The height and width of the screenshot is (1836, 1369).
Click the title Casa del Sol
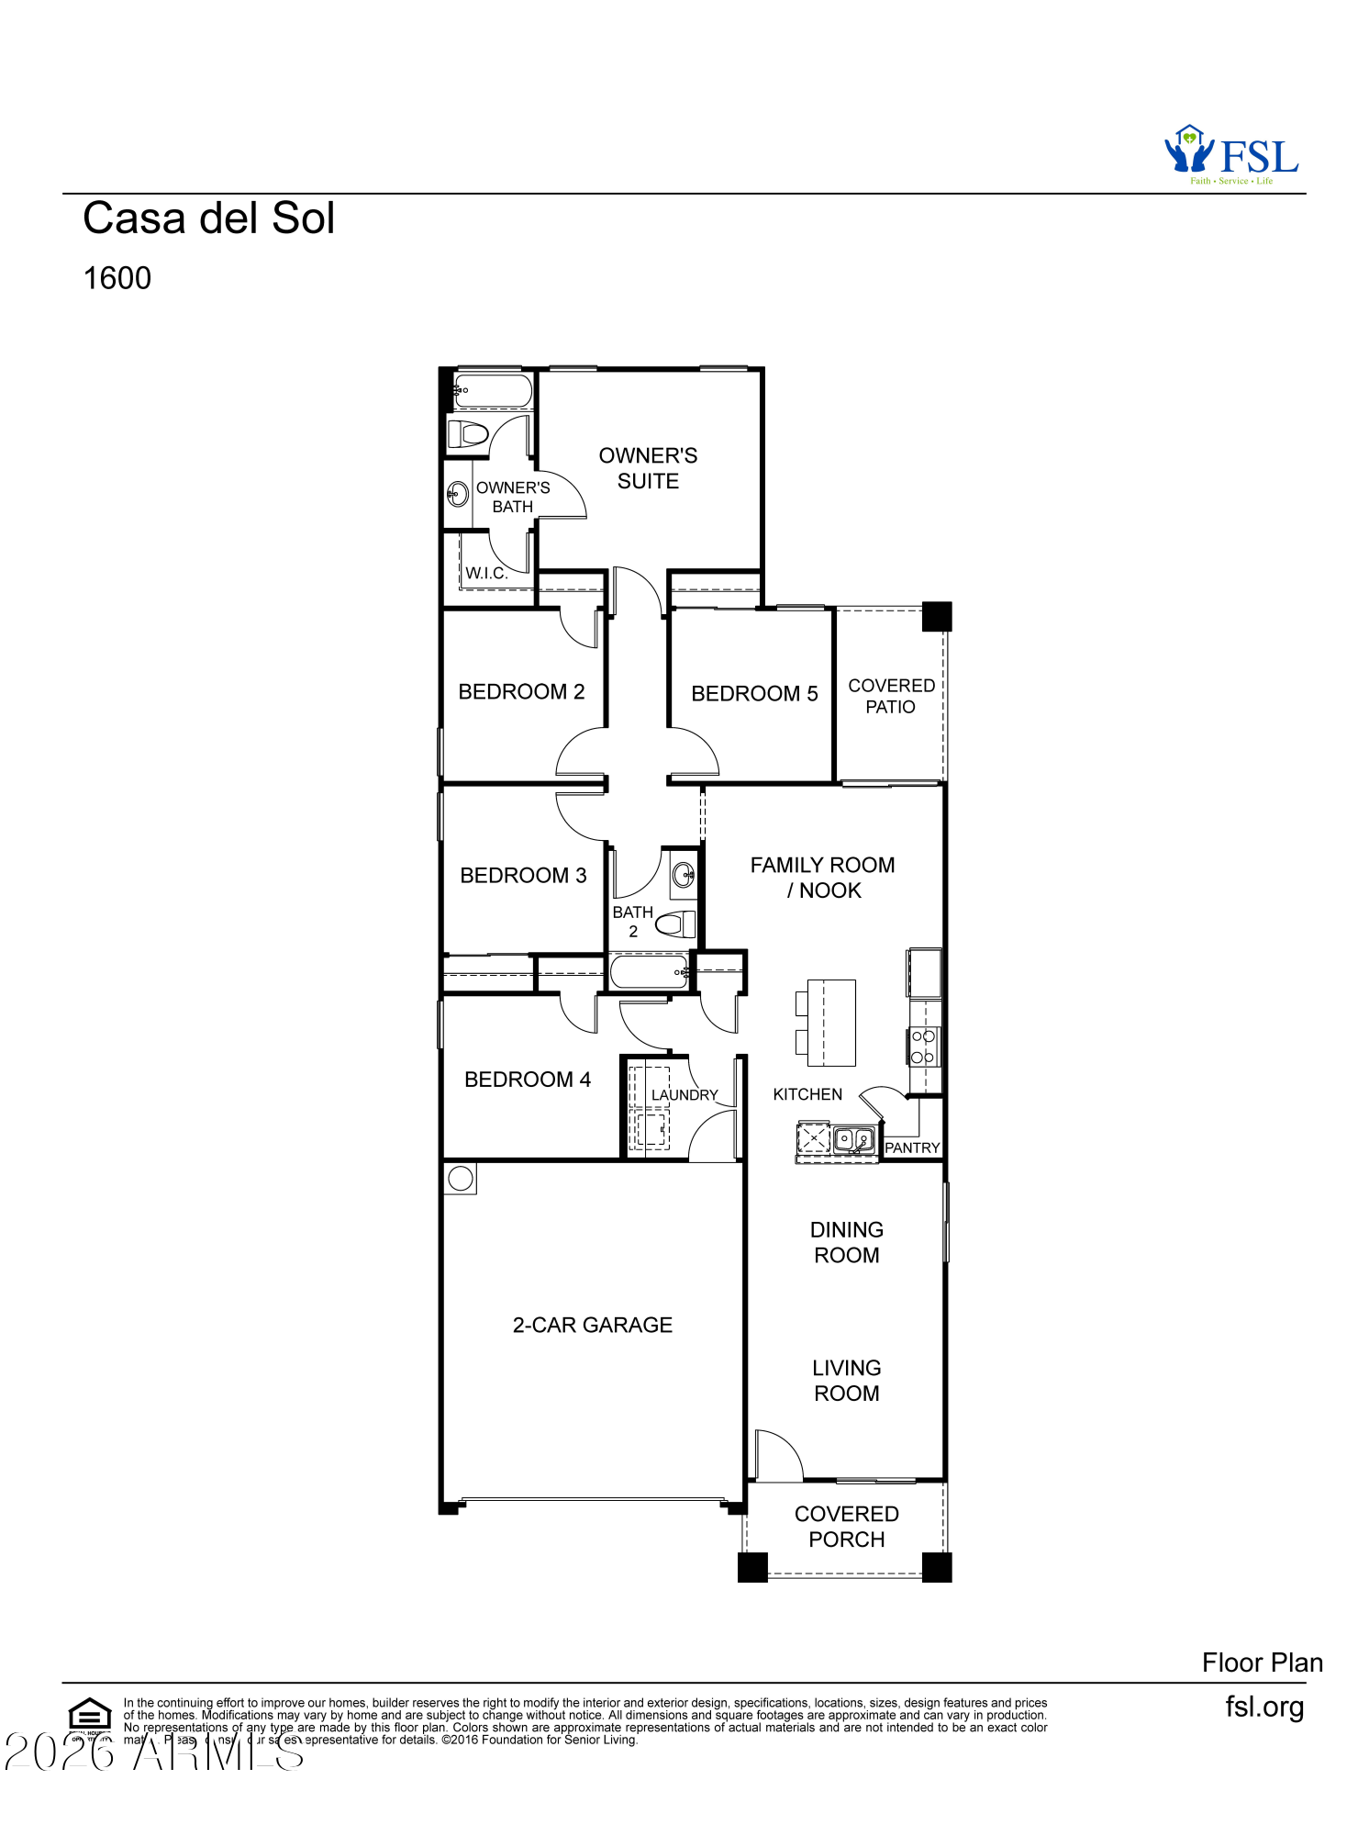point(208,218)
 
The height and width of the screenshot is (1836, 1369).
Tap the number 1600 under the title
point(117,278)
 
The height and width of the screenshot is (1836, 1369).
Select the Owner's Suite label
point(648,468)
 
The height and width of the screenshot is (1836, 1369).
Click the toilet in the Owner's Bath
point(469,433)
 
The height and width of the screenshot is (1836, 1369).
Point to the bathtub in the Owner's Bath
point(494,391)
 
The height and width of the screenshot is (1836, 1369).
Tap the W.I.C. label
point(485,573)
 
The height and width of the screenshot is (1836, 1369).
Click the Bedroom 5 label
point(753,694)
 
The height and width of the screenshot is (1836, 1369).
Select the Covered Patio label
point(890,696)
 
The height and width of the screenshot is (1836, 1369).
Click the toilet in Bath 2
point(675,924)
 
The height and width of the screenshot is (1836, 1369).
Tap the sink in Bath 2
point(684,874)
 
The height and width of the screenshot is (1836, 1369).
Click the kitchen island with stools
point(829,1023)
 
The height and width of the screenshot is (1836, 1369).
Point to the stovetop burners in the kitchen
point(923,1047)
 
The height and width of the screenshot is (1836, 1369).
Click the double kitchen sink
point(853,1140)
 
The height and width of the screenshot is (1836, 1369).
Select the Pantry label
point(912,1147)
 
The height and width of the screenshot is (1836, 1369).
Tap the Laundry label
point(684,1095)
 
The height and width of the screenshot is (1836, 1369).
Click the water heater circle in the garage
point(461,1178)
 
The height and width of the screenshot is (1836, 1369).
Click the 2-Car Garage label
point(592,1325)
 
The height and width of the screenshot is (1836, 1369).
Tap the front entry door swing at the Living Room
point(777,1455)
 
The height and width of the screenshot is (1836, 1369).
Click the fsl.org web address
point(1263,1707)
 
